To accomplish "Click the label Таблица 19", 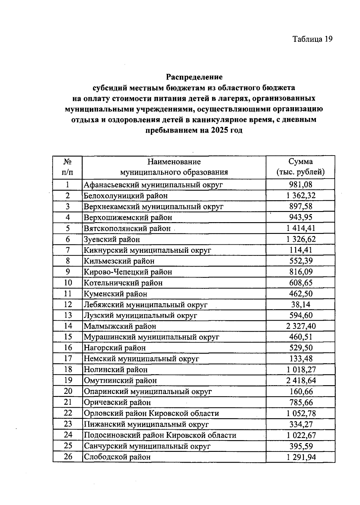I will point(312,39).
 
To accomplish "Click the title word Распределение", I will point(194,77).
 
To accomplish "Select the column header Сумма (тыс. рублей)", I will point(300,167).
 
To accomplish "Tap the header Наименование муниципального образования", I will point(174,167).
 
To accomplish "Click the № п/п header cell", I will point(67,167).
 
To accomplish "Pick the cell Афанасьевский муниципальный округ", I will point(153,185).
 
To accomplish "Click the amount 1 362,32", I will point(301,196).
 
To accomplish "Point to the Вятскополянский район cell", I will point(127,228).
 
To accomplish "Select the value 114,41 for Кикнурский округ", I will point(301,250).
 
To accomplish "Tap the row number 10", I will point(68,283).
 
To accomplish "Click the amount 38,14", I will point(301,304).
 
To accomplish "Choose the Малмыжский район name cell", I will point(120,326).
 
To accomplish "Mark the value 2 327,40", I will point(301,326).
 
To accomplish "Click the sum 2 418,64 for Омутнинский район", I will point(301,380).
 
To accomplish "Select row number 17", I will point(68,358).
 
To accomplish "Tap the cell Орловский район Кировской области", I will point(151,413).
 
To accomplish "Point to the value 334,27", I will point(301,424).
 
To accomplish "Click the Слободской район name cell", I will point(117,457).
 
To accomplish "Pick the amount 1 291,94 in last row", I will point(301,457).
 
